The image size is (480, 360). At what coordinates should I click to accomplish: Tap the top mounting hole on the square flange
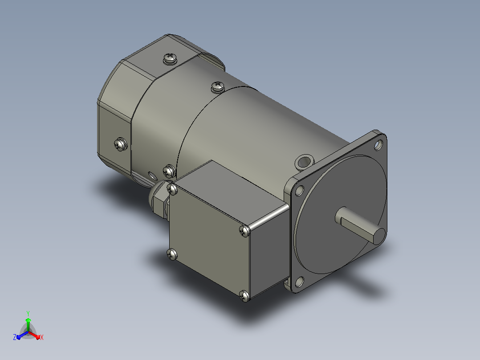[378, 145]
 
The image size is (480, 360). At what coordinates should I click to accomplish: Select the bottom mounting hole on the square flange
[300, 282]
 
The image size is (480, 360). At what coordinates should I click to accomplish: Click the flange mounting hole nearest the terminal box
[299, 191]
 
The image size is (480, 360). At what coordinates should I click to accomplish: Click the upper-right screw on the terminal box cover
[244, 231]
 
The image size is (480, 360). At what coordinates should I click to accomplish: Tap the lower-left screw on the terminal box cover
[172, 254]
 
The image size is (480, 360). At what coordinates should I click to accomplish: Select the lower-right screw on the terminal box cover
[244, 296]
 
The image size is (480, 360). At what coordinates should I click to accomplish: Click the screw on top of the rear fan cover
[170, 58]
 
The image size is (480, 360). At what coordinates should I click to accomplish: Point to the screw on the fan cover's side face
[121, 144]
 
